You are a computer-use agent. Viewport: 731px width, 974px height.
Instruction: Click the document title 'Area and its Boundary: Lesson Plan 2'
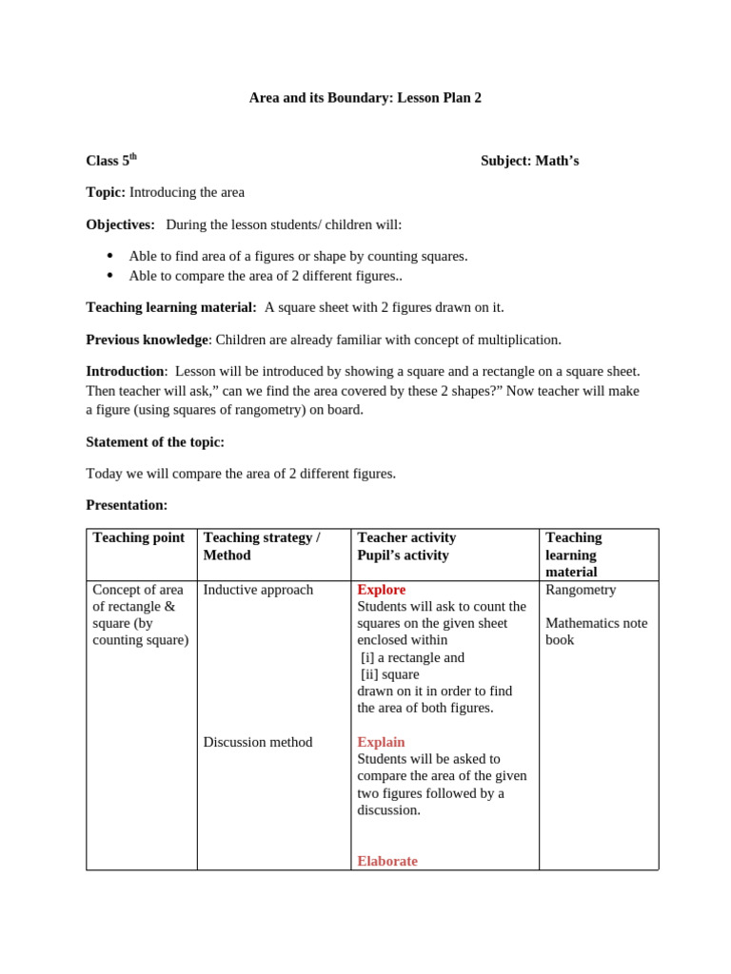coord(365,98)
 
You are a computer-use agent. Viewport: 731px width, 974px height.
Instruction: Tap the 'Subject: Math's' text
coord(529,161)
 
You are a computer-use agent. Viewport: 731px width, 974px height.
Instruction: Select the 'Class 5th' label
coord(111,161)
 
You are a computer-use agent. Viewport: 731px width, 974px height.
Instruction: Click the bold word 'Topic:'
coord(105,192)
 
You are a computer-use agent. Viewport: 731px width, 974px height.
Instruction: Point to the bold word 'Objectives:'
coord(120,224)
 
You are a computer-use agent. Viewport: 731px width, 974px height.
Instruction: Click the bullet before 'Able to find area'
coord(110,256)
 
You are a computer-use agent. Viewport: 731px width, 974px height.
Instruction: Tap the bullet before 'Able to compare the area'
coord(110,276)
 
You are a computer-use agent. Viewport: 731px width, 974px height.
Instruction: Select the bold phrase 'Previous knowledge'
coord(147,340)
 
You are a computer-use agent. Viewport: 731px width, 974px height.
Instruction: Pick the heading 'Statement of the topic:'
coord(155,441)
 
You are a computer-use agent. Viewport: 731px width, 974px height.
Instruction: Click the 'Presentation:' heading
coord(127,505)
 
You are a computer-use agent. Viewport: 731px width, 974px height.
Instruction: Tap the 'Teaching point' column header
coord(138,537)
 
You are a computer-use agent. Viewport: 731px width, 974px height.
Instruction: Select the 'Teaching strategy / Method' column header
coord(261,546)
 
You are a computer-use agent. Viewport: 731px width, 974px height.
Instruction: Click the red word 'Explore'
coord(381,590)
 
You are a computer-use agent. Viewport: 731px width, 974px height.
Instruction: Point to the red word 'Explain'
coord(381,742)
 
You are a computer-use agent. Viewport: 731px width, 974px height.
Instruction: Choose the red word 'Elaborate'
coord(386,861)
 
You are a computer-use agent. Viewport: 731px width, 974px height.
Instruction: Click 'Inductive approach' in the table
coord(258,590)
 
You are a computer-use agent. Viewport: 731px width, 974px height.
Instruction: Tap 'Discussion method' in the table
coord(257,742)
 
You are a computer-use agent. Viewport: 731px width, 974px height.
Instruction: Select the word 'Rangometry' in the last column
coord(581,590)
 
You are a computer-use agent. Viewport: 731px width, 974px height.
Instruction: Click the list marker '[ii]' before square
coord(370,674)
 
